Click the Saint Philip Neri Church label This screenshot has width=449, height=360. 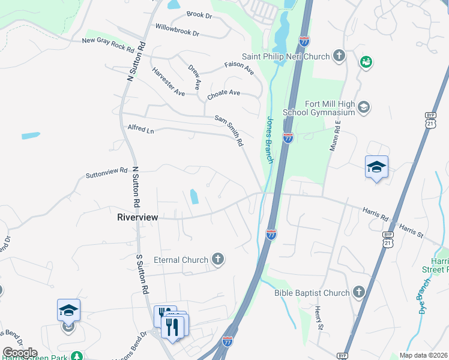[286, 56]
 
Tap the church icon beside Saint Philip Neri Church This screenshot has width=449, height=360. [339, 56]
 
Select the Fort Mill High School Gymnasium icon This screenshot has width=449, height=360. [363, 108]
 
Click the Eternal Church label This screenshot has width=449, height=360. [181, 260]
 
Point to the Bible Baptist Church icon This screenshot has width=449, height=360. [358, 293]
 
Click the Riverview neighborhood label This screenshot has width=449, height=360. [137, 217]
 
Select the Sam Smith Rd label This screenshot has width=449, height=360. [229, 131]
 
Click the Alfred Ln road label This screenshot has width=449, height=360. [141, 128]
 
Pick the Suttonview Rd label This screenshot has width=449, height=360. [107, 173]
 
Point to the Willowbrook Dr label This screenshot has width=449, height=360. [177, 30]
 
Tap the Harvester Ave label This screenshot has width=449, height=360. [168, 82]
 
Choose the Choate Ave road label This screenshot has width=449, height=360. [223, 94]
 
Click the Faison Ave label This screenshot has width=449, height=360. [240, 68]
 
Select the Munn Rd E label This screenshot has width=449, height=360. [334, 136]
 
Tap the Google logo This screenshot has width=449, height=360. [20, 353]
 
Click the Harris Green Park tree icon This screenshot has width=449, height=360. [76, 356]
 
